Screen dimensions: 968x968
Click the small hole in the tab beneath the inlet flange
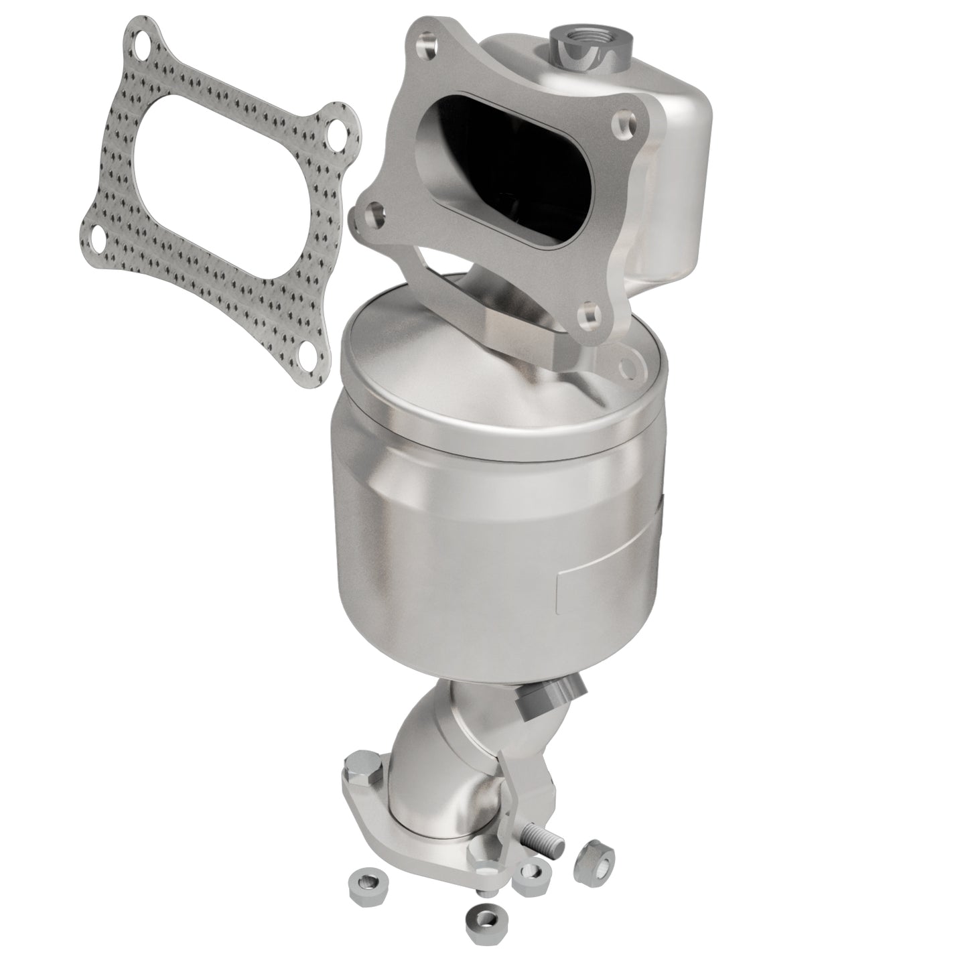coord(628,366)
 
